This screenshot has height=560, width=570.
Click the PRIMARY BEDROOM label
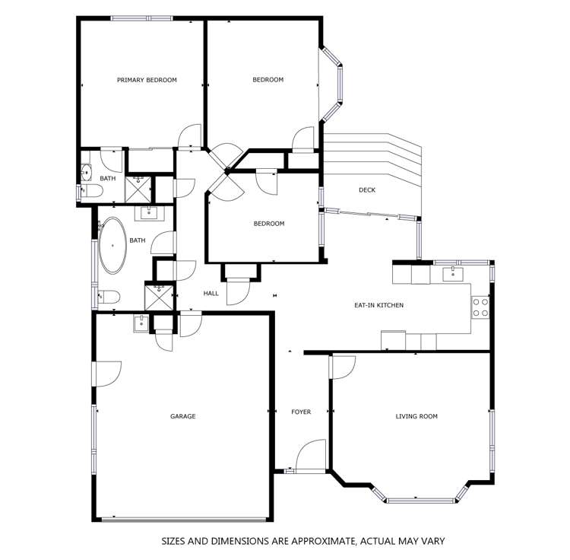coord(147,80)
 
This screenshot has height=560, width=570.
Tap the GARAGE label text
coord(182,416)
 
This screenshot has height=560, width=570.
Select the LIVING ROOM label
coord(416,416)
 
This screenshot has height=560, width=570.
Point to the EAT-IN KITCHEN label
coord(378,305)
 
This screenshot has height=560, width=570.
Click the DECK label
coord(366,190)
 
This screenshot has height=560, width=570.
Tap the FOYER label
coord(301,412)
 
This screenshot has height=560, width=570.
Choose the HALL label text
coord(211,293)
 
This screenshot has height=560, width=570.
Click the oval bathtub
coord(114,246)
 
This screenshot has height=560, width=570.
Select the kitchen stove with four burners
coord(480,307)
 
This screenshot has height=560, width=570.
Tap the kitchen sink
coord(453,272)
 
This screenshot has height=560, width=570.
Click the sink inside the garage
coord(141,323)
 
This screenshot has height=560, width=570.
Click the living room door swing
coord(342,367)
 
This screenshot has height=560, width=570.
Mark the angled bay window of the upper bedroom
coord(332,84)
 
